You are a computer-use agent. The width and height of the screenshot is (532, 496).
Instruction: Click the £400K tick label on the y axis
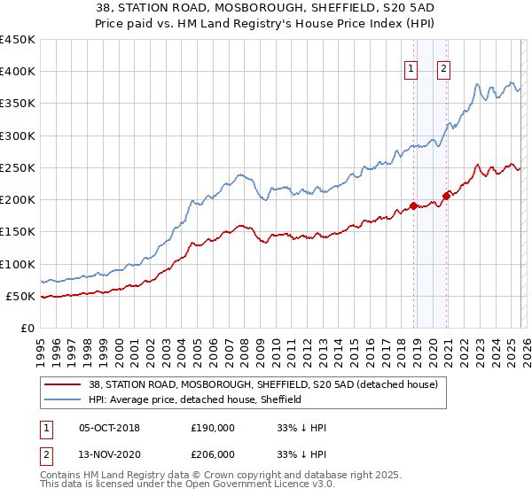click(x=18, y=72)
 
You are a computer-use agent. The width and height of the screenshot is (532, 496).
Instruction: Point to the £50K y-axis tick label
click(x=21, y=296)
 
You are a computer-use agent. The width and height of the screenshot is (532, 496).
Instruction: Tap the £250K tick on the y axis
click(x=18, y=167)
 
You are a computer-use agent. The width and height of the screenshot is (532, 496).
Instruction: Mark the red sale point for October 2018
click(x=413, y=206)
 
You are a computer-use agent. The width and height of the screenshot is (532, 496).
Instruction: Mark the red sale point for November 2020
click(x=446, y=196)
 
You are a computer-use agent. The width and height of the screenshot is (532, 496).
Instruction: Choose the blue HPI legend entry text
click(x=195, y=400)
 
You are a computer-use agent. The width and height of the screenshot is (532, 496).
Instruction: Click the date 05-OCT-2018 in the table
click(x=109, y=428)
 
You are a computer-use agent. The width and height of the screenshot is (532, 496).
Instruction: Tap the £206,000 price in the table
click(x=212, y=453)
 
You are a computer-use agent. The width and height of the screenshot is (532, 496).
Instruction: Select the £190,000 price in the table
click(x=212, y=428)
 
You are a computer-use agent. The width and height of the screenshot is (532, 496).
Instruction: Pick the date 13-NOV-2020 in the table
click(x=109, y=453)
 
